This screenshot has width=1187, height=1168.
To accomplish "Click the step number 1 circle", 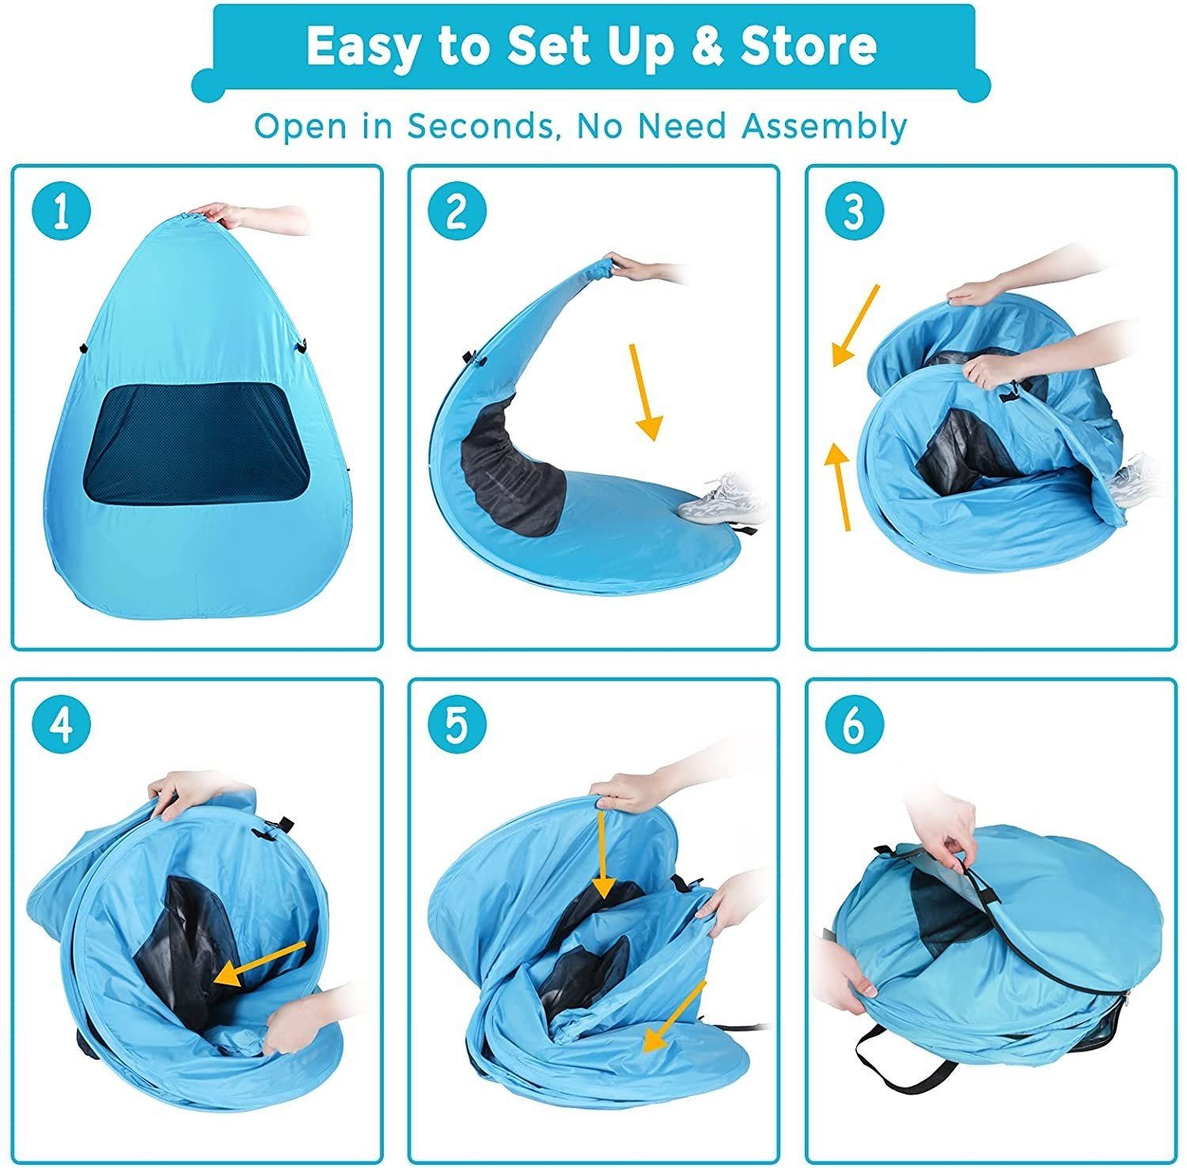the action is (62, 211).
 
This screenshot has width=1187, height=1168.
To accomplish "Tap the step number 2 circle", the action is (457, 211).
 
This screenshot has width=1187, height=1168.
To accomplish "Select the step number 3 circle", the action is (855, 211).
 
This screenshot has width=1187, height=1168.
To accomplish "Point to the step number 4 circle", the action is (62, 725).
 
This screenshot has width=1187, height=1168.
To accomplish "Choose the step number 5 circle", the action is (457, 725).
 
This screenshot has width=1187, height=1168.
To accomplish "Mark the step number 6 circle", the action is (855, 725).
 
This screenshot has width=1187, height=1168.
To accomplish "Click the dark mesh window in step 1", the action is (188, 442).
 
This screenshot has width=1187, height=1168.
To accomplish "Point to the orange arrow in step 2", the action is (644, 392).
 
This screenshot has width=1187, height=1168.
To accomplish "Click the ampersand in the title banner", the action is (703, 47).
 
